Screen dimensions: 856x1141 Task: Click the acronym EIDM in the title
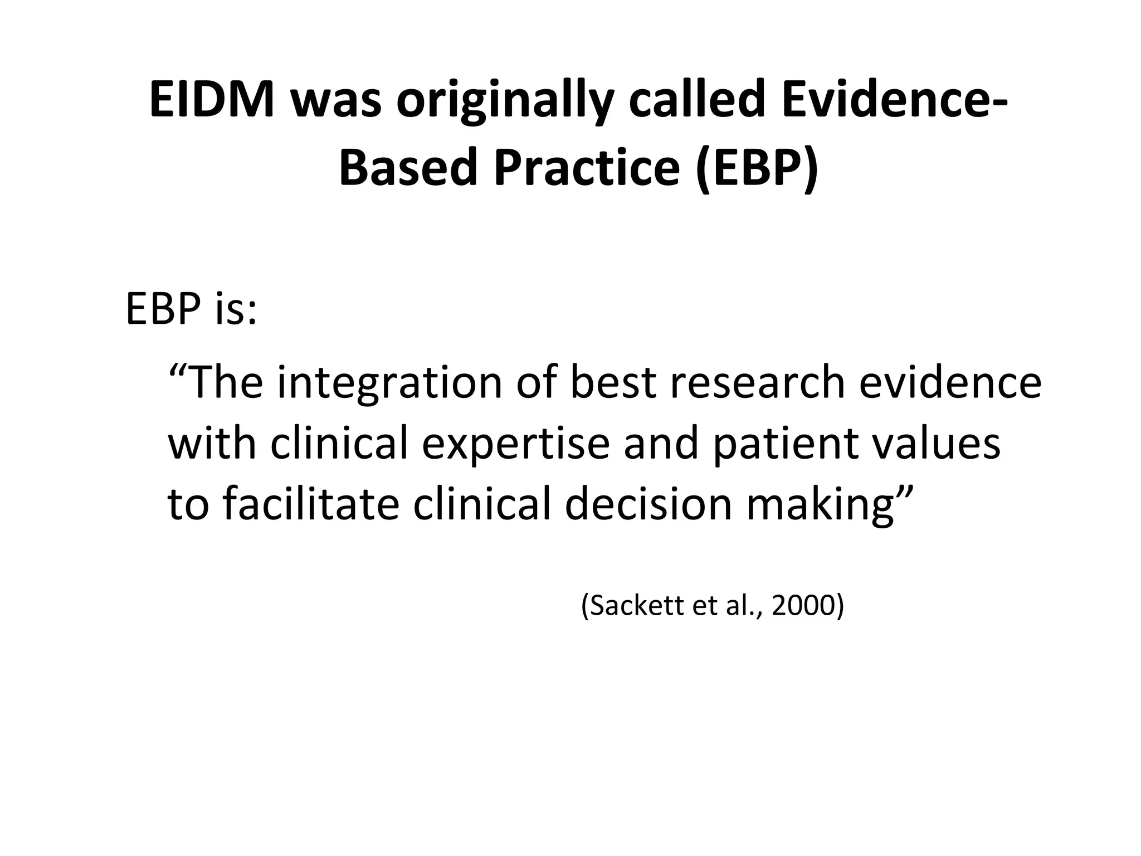(x=212, y=100)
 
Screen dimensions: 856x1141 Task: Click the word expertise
(x=515, y=445)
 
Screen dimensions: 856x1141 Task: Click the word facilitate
(x=311, y=504)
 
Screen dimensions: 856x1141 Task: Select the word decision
(x=648, y=504)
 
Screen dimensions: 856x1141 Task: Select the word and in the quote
(x=661, y=444)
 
